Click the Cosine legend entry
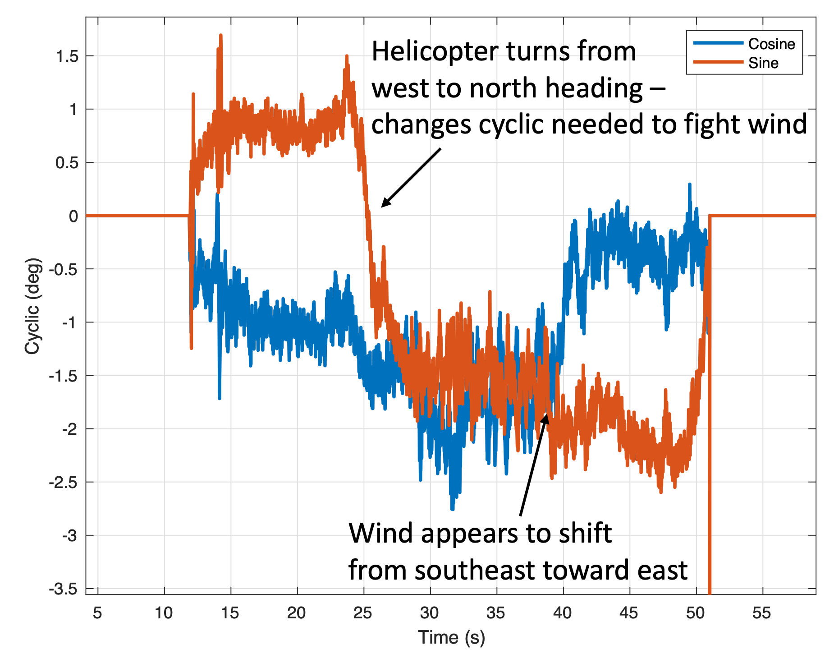pyautogui.click(x=771, y=44)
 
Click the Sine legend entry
pyautogui.click(x=763, y=63)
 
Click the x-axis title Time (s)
pyautogui.click(x=451, y=637)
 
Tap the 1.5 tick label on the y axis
pyautogui.click(x=67, y=56)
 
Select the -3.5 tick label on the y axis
pyautogui.click(x=63, y=589)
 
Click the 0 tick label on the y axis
pyautogui.click(x=73, y=216)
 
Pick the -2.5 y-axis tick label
pyautogui.click(x=63, y=483)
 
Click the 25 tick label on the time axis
pyautogui.click(x=363, y=613)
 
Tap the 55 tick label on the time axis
pyautogui.click(x=761, y=613)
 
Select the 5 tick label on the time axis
pyautogui.click(x=97, y=613)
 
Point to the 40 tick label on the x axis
pyautogui.click(x=562, y=613)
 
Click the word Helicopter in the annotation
pyautogui.click(x=435, y=51)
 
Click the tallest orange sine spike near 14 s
pyautogui.click(x=220, y=35)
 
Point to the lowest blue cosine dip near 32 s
pyautogui.click(x=453, y=508)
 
